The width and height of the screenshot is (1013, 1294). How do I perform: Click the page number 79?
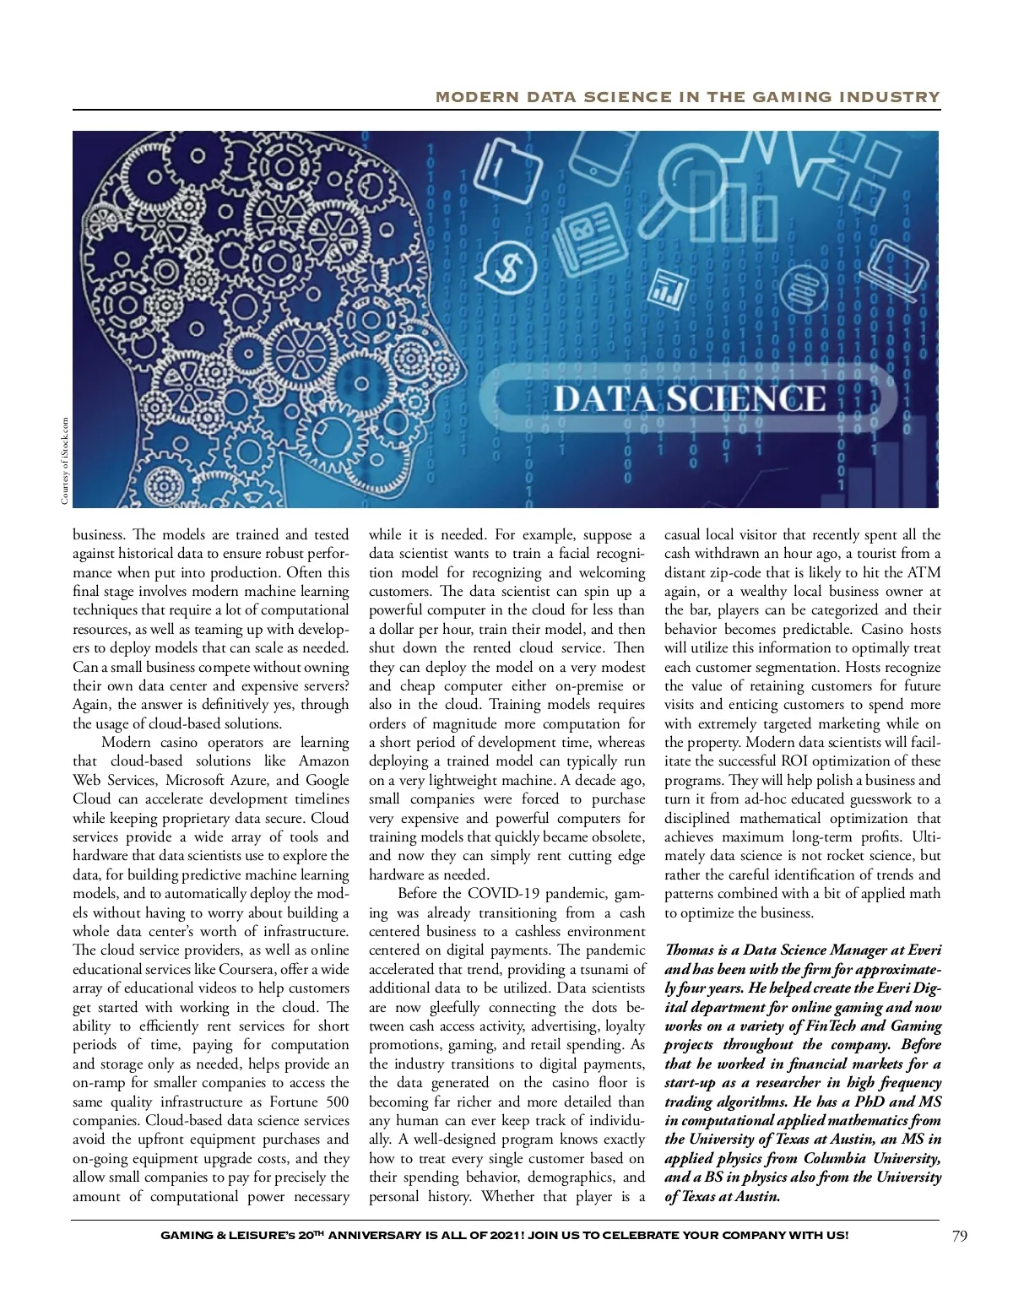tap(959, 1237)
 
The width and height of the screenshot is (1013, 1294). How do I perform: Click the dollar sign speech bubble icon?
tap(506, 268)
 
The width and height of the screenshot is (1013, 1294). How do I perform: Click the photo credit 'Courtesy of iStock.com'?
tap(65, 462)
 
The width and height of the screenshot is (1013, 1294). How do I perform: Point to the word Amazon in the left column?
tap(324, 761)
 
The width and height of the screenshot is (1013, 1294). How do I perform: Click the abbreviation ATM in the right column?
tap(924, 572)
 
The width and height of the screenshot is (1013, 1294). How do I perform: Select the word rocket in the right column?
tap(862, 856)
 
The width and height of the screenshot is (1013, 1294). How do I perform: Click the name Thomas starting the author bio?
tap(689, 950)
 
